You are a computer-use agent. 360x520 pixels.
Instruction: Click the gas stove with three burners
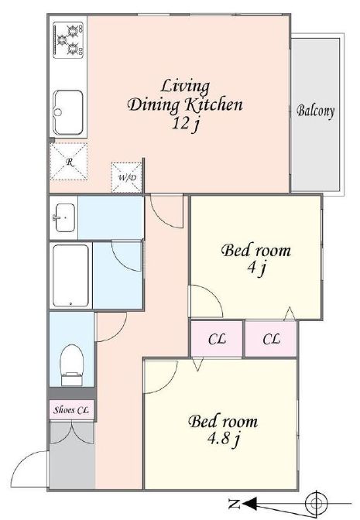click(x=68, y=40)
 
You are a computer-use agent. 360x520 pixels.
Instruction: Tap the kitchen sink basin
click(x=68, y=112)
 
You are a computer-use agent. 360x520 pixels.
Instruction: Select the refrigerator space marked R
click(x=69, y=162)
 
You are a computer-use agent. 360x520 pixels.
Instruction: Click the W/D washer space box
click(x=127, y=177)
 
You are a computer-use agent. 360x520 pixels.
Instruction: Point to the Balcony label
click(x=315, y=111)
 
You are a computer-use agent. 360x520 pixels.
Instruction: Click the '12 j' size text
click(x=185, y=124)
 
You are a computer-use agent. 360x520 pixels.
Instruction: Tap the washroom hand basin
click(x=65, y=217)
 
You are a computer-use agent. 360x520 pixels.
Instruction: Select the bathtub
click(x=70, y=276)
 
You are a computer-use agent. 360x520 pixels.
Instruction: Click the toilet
click(x=72, y=365)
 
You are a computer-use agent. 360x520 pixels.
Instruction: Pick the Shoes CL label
click(x=71, y=410)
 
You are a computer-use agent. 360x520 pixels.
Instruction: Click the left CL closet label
click(x=217, y=339)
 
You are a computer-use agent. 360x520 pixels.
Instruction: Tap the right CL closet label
click(x=272, y=339)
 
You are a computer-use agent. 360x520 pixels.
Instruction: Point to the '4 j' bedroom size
click(x=255, y=268)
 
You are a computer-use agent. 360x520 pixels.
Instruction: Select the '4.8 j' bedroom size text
click(x=223, y=439)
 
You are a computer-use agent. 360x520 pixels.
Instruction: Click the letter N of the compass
click(x=235, y=504)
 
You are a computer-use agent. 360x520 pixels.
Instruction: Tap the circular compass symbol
click(x=316, y=504)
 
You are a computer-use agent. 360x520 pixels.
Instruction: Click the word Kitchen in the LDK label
click(x=214, y=104)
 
